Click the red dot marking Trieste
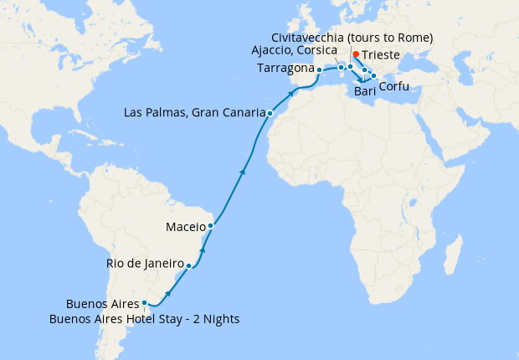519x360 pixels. (356, 54)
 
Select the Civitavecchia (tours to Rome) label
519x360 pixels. (352, 38)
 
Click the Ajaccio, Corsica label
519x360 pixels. (294, 51)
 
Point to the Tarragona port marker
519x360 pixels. (319, 69)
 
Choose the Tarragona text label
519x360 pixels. (286, 69)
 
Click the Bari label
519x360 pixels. (365, 90)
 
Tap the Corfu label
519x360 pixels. (394, 86)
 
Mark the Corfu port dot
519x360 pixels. (373, 76)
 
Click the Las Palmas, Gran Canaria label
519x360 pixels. (194, 112)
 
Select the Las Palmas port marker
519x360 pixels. (270, 112)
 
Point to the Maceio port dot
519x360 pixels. (211, 225)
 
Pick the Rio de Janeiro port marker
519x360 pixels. (189, 266)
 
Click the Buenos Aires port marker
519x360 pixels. (144, 303)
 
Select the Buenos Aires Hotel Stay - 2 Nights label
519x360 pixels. (144, 318)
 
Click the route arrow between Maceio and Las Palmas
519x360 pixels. (243, 172)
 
